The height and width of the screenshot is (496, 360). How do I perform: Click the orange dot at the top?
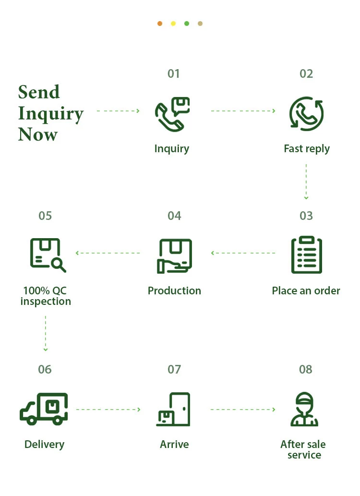pos(160,24)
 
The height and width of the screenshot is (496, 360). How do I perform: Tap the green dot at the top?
pos(187,24)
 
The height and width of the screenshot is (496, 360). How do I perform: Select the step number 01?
pos(174,74)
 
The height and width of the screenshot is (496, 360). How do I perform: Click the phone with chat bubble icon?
pos(172,114)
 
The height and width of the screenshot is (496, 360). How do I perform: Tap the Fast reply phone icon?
pos(306,114)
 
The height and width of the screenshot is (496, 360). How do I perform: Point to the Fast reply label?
pos(307,149)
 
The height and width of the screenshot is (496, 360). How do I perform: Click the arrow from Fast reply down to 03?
pos(306,181)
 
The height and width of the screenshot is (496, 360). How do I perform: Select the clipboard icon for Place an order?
pos(306,254)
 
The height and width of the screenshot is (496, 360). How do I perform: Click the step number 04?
pos(174,216)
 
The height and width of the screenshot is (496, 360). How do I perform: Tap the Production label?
pos(174,290)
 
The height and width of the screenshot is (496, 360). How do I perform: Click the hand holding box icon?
pos(174,256)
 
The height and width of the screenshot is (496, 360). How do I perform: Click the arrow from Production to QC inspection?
pos(108,253)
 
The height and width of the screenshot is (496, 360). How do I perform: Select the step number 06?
pos(45,369)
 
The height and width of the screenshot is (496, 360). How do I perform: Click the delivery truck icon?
pos(44,409)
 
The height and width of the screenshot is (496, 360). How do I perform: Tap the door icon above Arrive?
pos(180,409)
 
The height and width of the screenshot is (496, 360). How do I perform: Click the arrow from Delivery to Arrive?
pos(108,409)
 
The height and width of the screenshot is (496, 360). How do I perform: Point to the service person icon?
pos(304,409)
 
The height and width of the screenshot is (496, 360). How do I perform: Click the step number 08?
pos(306,369)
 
